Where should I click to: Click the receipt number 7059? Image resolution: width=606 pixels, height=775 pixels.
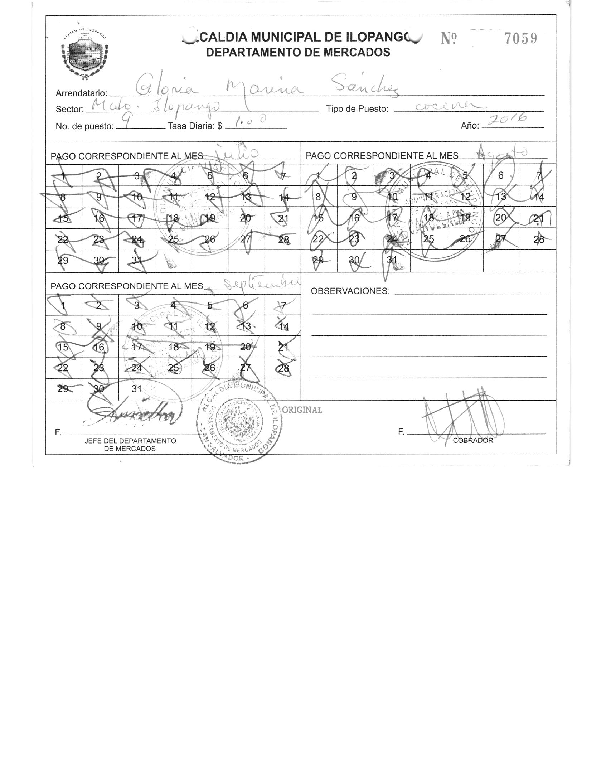[520, 38]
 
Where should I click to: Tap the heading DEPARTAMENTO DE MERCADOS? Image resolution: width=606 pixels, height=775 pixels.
[298, 53]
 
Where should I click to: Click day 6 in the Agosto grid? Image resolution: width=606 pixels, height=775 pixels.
[500, 175]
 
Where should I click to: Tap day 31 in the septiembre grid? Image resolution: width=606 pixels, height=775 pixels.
[136, 389]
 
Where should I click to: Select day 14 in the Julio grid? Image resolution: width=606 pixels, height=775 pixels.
[283, 197]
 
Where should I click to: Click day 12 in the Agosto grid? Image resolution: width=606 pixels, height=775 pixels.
[465, 197]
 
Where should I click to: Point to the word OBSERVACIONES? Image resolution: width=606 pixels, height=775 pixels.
[350, 291]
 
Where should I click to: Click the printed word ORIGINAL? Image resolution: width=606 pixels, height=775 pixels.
[302, 410]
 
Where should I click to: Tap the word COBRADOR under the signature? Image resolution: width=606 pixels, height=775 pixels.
[473, 441]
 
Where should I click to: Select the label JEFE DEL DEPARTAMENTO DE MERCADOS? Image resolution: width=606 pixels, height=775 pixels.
[130, 445]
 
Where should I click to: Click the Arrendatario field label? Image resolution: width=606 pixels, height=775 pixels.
[81, 93]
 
